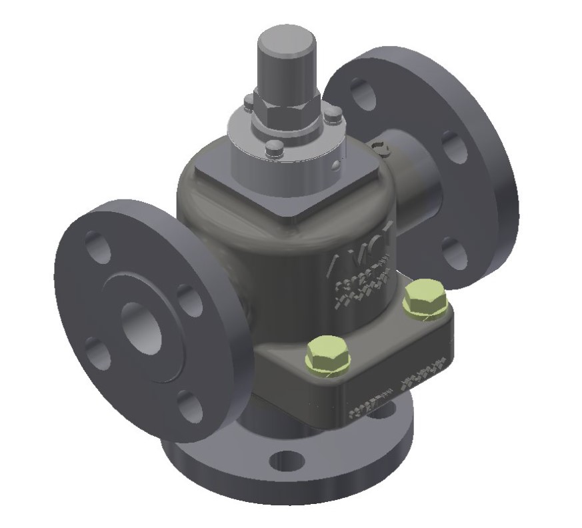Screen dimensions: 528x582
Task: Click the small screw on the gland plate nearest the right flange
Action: pyautogui.click(x=334, y=117)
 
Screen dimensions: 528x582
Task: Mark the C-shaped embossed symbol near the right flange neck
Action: pyautogui.click(x=381, y=147)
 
